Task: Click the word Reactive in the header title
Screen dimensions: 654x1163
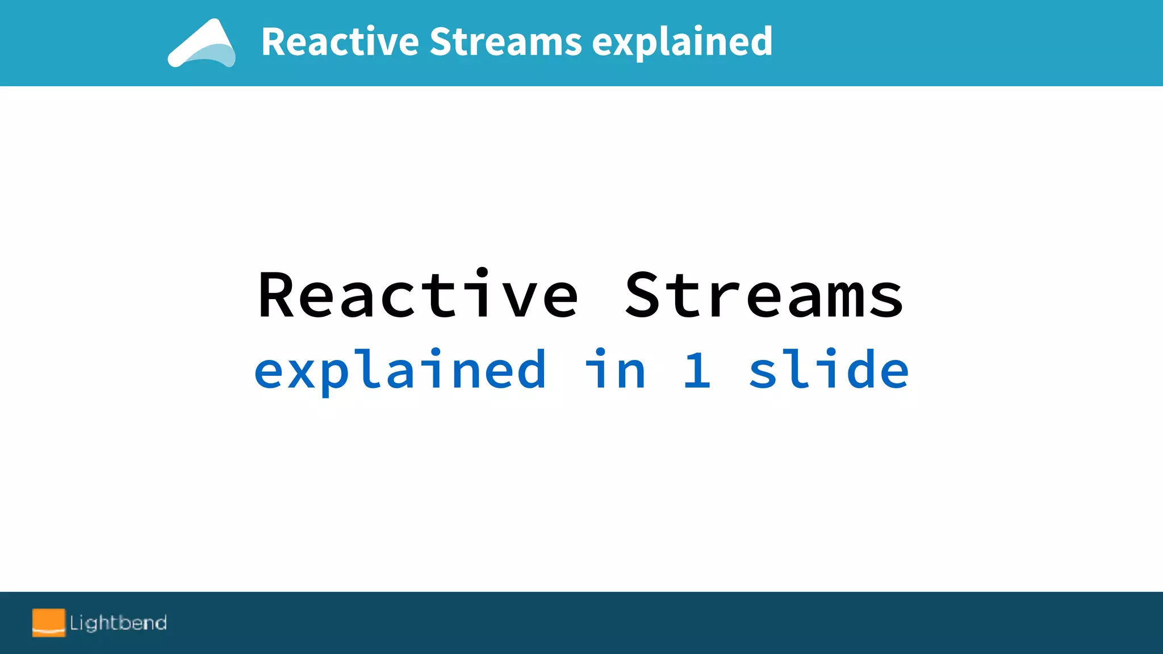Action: pos(340,42)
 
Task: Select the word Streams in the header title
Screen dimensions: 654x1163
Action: pos(505,42)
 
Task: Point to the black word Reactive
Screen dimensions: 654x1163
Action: pos(418,295)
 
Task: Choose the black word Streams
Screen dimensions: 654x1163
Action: pos(764,295)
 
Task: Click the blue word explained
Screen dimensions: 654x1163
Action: pos(400,370)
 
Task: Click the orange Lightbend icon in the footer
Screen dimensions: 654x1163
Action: pos(49,623)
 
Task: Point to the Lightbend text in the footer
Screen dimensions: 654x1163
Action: pos(118,623)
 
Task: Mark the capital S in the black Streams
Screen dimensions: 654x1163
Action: pos(645,295)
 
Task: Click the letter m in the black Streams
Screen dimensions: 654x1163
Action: pos(846,301)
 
